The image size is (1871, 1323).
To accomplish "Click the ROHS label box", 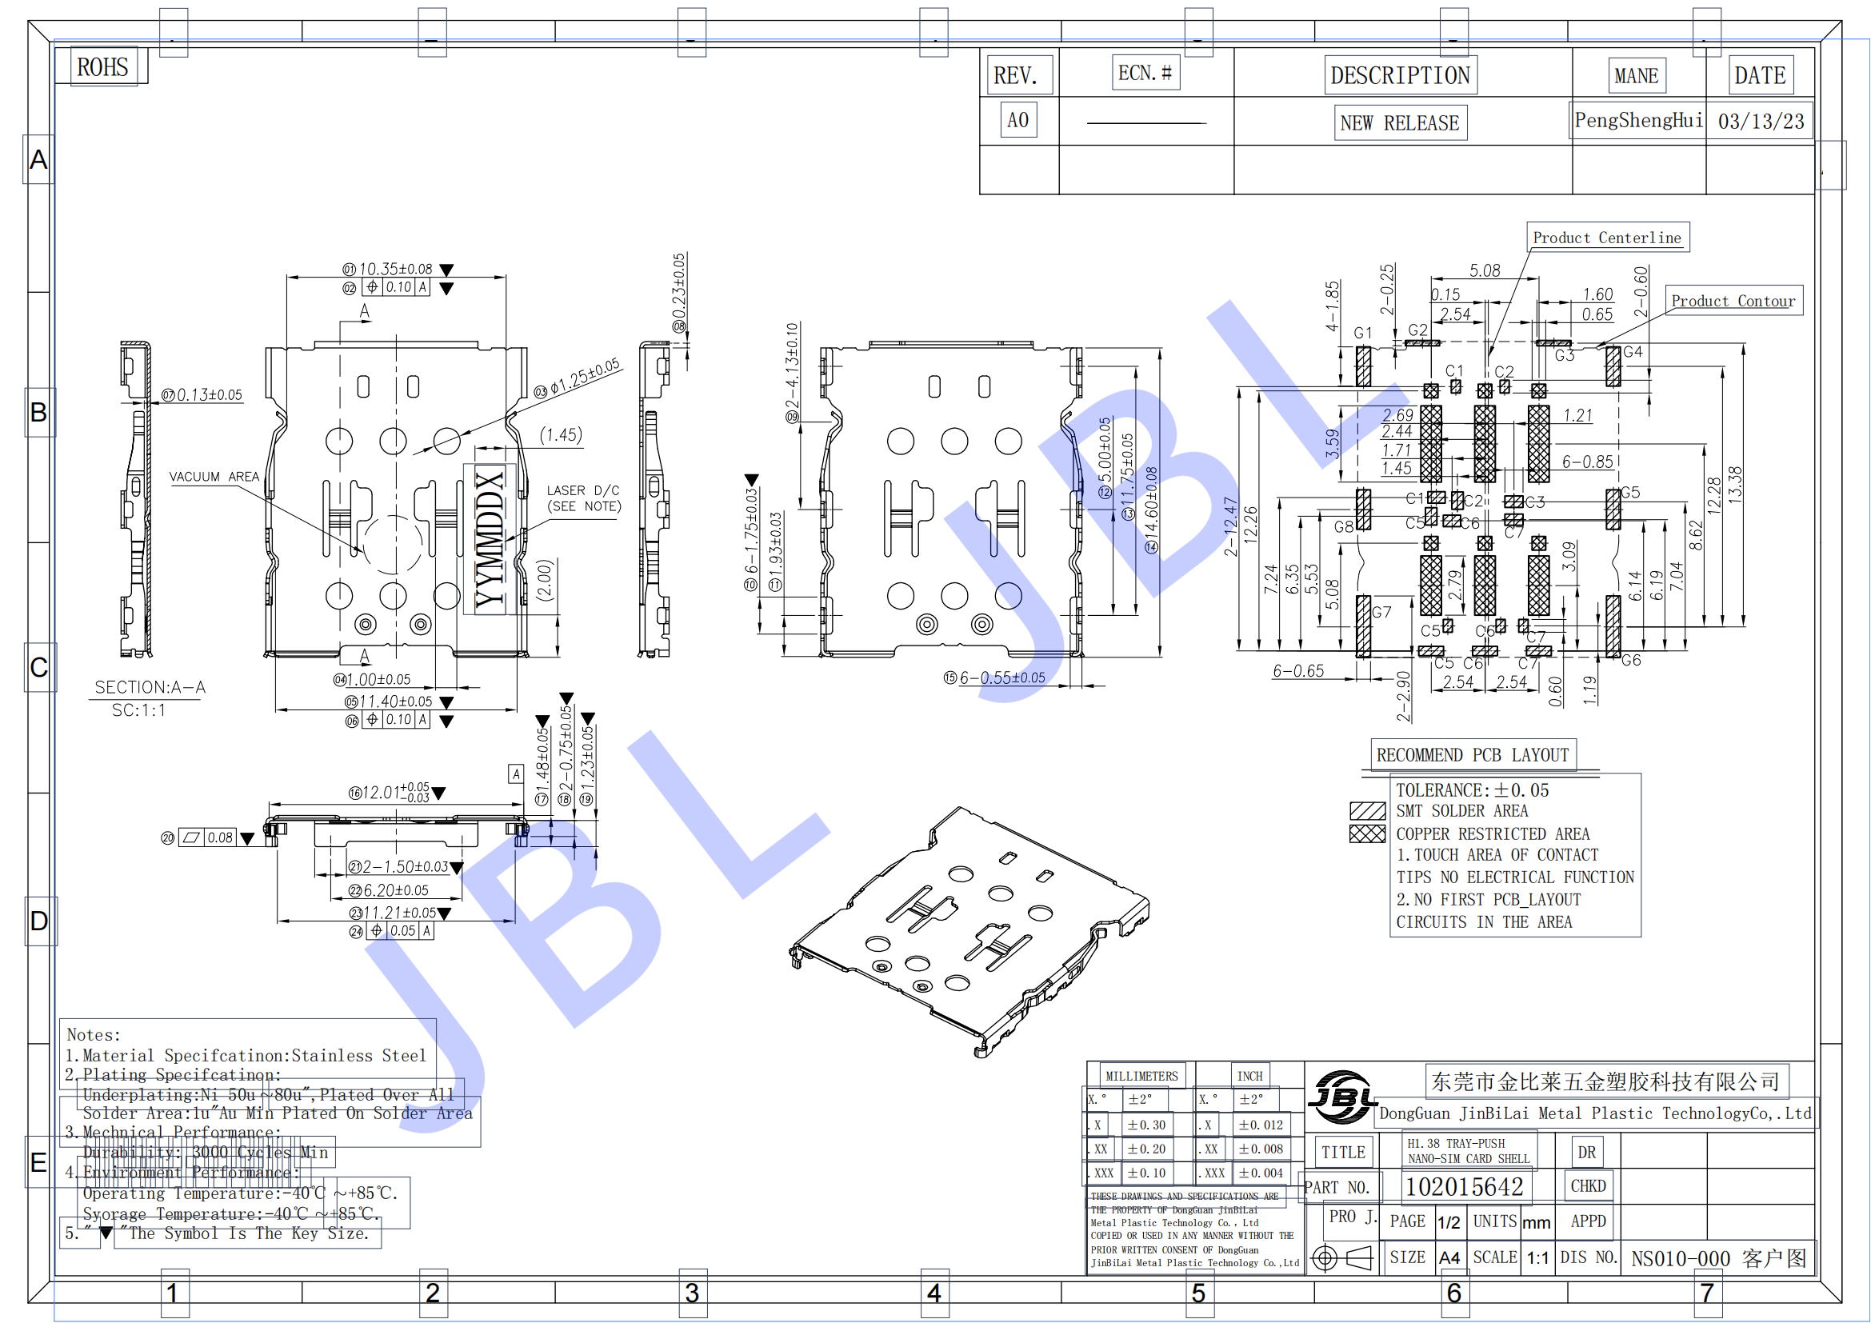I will [x=102, y=67].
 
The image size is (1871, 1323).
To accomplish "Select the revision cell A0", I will [x=1017, y=121].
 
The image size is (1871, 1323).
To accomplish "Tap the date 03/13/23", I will [x=1760, y=122].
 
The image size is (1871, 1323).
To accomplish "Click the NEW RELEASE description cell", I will [x=1399, y=123].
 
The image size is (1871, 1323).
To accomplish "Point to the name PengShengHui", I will [x=1638, y=121].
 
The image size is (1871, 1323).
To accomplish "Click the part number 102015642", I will [x=1465, y=1187].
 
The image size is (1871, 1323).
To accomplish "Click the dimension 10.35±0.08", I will [x=395, y=269].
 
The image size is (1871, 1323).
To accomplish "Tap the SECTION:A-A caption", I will [x=150, y=688].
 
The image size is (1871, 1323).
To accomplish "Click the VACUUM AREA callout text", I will [x=214, y=477].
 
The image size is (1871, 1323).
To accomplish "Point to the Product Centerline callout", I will [x=1606, y=238].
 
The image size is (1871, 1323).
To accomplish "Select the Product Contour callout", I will [x=1733, y=301].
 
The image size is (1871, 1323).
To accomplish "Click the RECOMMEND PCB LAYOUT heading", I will [x=1472, y=755].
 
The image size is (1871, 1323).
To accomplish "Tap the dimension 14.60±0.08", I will [x=1150, y=510].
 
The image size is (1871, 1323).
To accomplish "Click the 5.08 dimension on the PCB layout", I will [x=1484, y=270].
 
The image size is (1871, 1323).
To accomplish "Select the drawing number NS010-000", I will [x=1680, y=1259].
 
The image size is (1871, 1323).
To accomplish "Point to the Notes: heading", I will [x=94, y=1034].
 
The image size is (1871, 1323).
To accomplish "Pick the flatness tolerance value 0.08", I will [x=220, y=837].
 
